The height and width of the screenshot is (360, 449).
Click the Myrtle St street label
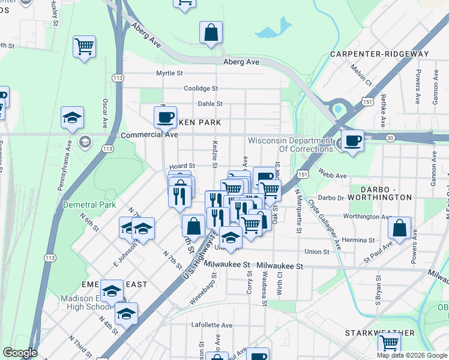coord(169,73)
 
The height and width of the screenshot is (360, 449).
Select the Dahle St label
coord(210,104)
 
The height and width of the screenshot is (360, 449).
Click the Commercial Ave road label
coord(149,135)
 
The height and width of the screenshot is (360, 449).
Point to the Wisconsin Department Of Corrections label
coord(290,145)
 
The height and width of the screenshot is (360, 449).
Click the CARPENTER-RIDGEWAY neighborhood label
coord(379,54)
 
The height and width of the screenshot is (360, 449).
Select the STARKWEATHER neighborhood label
coord(380,332)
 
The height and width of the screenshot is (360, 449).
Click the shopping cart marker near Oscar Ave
coord(84,46)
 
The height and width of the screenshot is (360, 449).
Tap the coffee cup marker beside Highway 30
coord(352,140)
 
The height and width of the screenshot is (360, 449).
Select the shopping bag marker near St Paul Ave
coord(399,228)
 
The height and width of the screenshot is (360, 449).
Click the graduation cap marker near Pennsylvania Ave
coord(72,118)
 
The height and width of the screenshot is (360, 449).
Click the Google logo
coord(20,353)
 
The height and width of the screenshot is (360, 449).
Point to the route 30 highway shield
coord(390,138)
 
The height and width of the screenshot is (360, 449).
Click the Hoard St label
coord(183,166)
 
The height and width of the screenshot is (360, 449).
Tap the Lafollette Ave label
coord(211,325)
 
